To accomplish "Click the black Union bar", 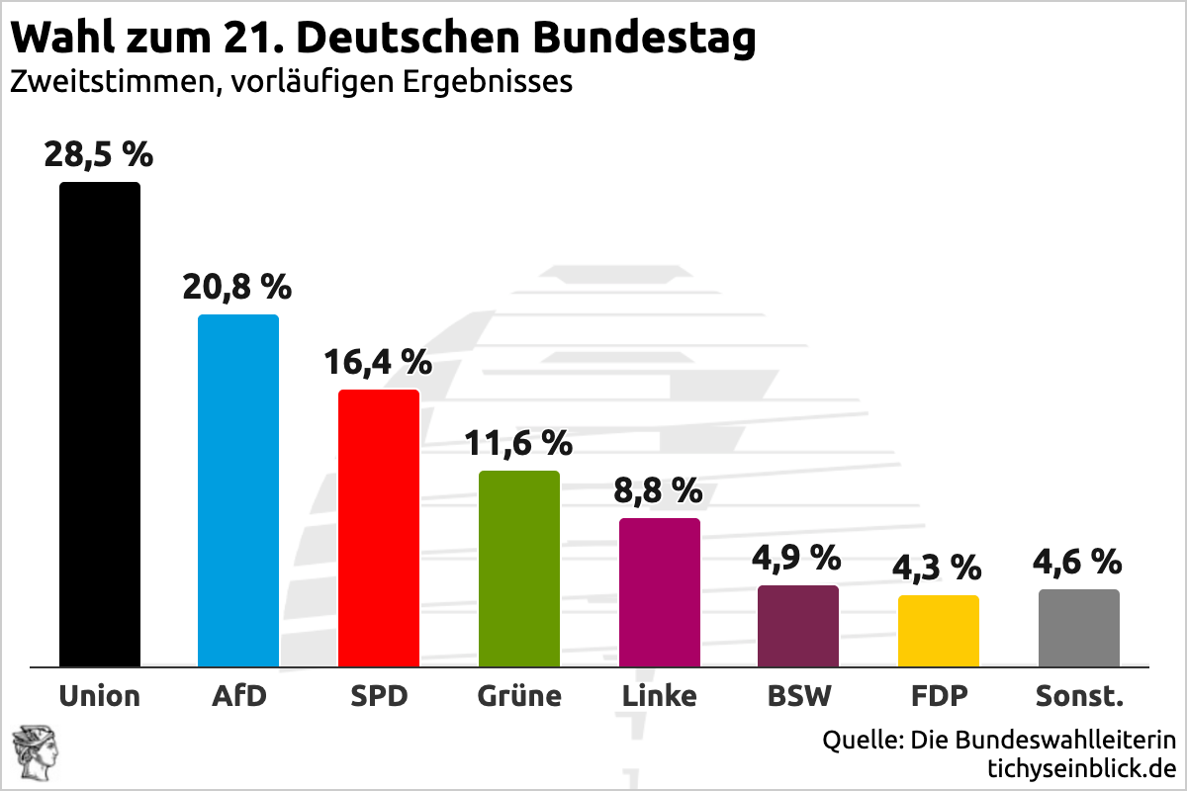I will (x=99, y=425).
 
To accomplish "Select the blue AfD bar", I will (x=238, y=490).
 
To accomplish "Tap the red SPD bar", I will (x=379, y=528).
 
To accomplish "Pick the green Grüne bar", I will (x=519, y=569).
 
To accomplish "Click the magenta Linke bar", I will (x=660, y=592).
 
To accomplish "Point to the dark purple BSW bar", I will (x=798, y=626).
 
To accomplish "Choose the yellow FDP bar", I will (x=939, y=631).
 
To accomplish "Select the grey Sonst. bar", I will (x=1079, y=628).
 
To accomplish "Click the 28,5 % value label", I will (x=98, y=155).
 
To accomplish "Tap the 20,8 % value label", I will (x=237, y=287).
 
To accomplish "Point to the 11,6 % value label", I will (x=519, y=443).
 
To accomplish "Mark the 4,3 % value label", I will (x=938, y=568).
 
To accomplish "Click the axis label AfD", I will (x=238, y=696).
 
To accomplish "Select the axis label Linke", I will (x=660, y=696).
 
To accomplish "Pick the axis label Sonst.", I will (x=1079, y=696).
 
